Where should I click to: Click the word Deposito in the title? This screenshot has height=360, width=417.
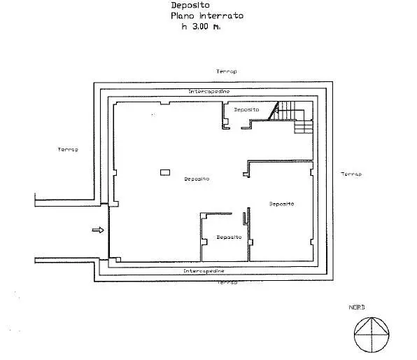click(190, 6)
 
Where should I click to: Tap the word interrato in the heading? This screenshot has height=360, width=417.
click(222, 15)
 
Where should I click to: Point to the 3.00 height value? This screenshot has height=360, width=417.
click(200, 27)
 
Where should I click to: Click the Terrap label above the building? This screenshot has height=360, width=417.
click(226, 71)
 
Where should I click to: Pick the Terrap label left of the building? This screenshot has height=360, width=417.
click(68, 149)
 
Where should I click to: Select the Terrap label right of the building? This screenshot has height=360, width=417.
click(351, 174)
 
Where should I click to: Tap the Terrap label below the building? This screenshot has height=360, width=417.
click(227, 282)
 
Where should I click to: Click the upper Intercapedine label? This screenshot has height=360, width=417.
click(209, 91)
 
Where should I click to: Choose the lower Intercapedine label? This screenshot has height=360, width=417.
click(204, 271)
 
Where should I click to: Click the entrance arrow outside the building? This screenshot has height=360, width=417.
click(98, 230)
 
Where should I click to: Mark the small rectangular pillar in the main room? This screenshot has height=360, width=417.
click(165, 172)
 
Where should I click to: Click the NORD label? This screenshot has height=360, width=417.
click(357, 307)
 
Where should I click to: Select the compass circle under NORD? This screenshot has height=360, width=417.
click(372, 317)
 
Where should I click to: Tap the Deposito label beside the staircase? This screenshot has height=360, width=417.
click(246, 109)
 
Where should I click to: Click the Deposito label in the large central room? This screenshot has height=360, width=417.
click(197, 179)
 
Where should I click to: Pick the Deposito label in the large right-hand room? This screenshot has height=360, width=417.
click(282, 204)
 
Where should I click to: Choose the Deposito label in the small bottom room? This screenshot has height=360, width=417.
click(229, 237)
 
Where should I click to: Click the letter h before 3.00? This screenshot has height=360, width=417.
click(184, 27)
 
